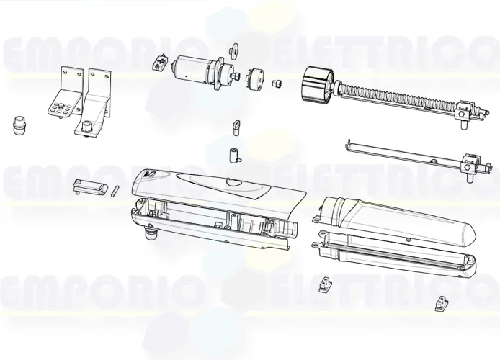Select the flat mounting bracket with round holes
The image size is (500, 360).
coord(61,94)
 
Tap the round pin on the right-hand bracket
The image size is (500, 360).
coord(87,127)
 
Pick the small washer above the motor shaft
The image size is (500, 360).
coord(233,50)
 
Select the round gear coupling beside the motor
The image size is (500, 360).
coord(254,77)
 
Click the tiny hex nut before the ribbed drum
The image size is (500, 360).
coord(275,83)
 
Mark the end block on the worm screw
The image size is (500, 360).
coord(464,113)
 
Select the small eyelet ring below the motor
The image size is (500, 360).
coord(236,127)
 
